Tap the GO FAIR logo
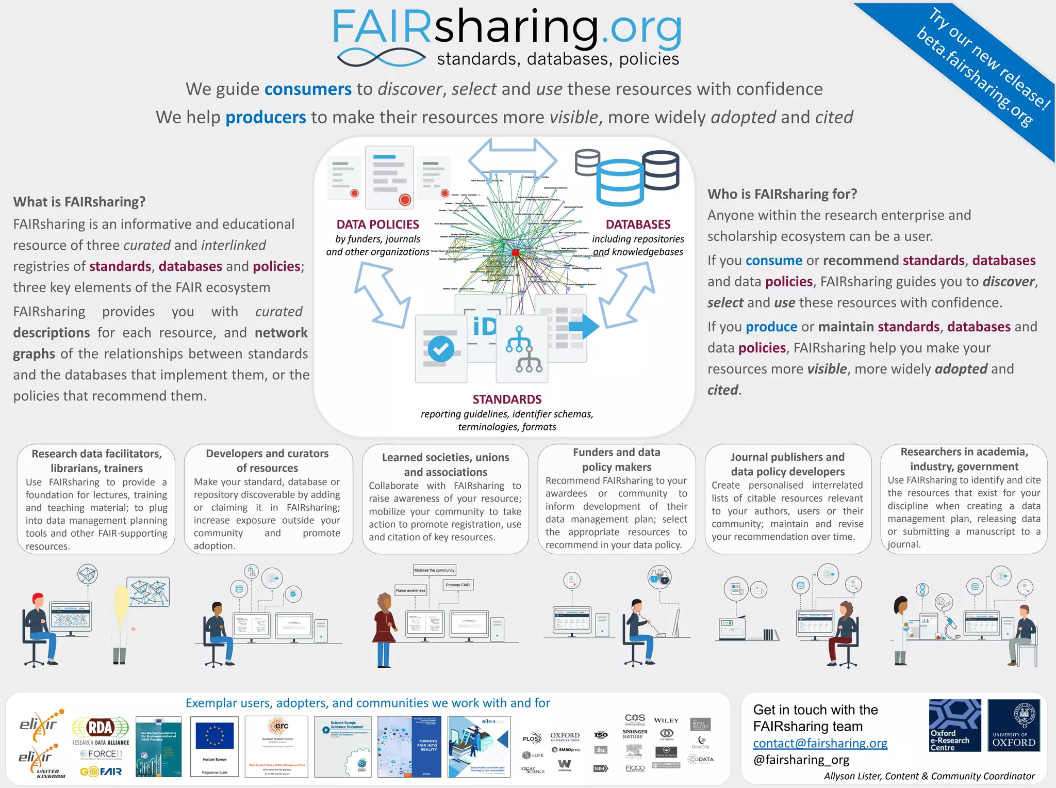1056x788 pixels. tap(101, 771)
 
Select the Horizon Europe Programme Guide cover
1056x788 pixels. tap(214, 746)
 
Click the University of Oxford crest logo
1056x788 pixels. tap(1013, 725)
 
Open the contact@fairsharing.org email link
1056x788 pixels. tap(820, 743)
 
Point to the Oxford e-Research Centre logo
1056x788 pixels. tap(955, 725)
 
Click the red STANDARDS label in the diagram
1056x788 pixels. tap(507, 399)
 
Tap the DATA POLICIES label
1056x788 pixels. tap(377, 224)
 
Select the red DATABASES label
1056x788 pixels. tap(638, 224)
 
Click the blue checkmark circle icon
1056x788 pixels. tap(441, 349)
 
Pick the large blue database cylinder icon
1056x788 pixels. tap(620, 183)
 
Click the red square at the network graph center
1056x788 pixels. tap(515, 252)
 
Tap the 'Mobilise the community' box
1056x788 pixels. tap(434, 570)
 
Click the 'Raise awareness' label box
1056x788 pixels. tap(410, 590)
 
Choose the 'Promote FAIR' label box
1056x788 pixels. tap(458, 585)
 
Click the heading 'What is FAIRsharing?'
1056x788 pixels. tap(79, 202)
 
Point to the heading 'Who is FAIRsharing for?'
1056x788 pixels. tap(782, 194)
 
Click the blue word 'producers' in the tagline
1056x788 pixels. tap(266, 118)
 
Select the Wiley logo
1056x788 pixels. tap(666, 720)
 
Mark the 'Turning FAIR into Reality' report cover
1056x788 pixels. tap(409, 746)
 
